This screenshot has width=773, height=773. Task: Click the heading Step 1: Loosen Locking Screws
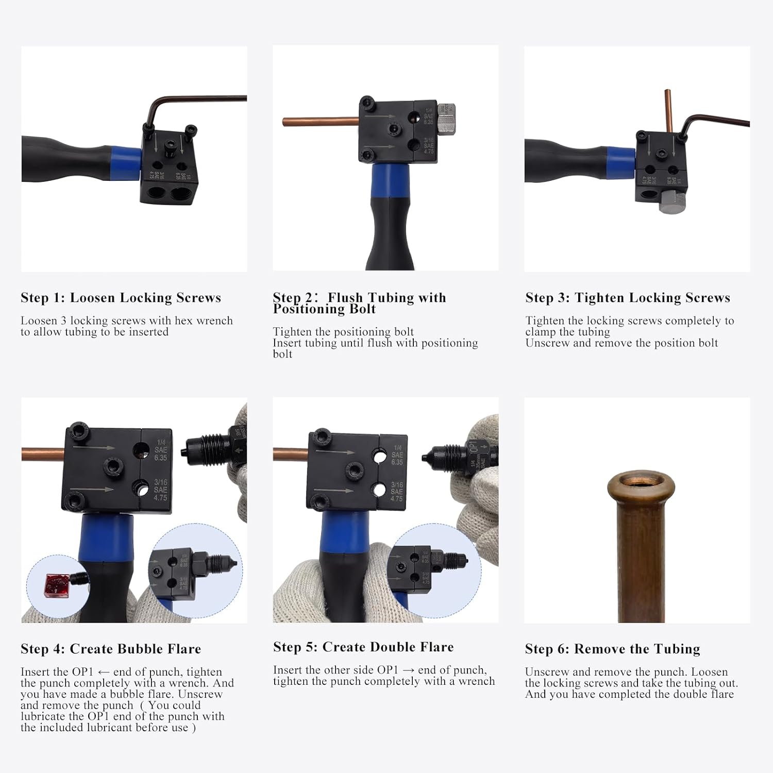click(121, 298)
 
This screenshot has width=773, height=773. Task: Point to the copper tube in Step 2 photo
click(320, 122)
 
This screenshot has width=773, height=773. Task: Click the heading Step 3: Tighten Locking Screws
click(628, 298)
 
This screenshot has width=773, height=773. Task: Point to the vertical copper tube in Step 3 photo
click(668, 110)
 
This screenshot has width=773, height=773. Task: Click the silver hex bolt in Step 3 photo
click(673, 201)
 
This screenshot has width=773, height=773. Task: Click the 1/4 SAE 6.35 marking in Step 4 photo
click(160, 450)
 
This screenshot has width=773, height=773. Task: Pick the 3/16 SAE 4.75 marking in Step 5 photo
click(396, 492)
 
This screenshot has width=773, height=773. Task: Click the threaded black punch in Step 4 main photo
click(209, 447)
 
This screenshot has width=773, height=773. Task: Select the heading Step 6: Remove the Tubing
click(612, 649)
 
